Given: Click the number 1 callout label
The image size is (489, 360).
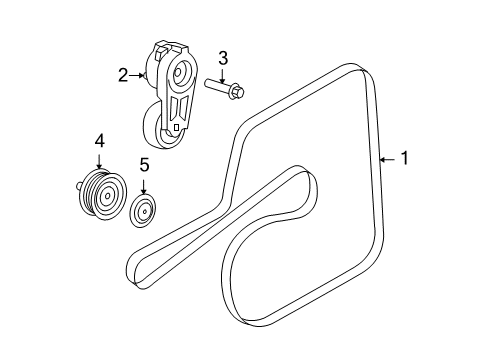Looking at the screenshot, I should [x=404, y=158].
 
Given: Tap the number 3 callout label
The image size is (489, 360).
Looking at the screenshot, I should [x=223, y=58].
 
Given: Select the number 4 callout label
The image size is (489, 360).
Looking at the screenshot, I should [x=99, y=143].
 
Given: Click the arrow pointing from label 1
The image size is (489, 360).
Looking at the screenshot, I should [x=389, y=158].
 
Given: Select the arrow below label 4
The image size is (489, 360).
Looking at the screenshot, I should [x=99, y=161].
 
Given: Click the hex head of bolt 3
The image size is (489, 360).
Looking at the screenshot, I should [x=235, y=93].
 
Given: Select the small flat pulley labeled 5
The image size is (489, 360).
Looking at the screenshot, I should [x=144, y=212].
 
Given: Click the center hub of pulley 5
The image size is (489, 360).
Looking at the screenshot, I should [x=144, y=212].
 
